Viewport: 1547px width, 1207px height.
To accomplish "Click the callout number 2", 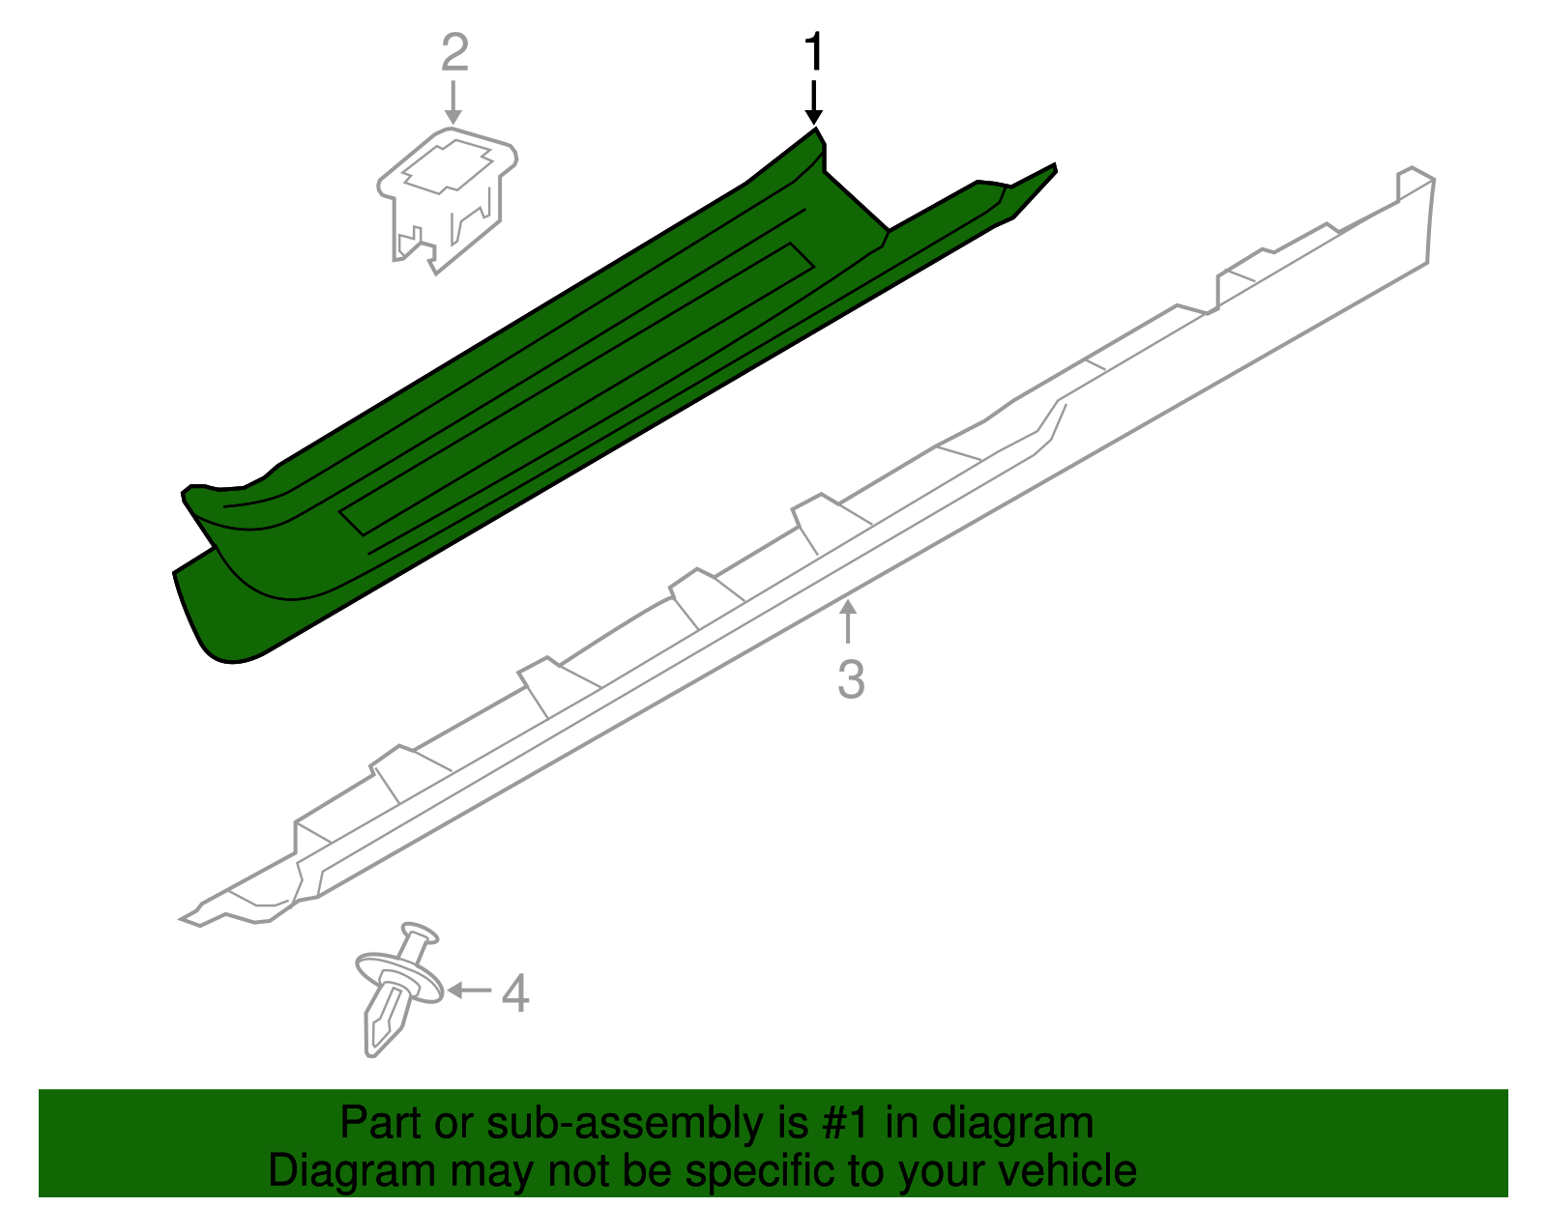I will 454,53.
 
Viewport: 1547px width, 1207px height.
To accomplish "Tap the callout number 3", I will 851,679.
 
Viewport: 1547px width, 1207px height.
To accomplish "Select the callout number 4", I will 515,993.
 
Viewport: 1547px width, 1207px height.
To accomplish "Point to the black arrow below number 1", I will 814,102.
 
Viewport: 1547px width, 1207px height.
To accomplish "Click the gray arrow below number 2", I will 452,102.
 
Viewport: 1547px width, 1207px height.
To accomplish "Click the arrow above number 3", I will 848,621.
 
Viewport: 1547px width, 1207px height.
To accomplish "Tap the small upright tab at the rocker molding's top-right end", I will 1413,183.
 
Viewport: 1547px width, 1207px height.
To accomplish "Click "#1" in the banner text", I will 848,1124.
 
